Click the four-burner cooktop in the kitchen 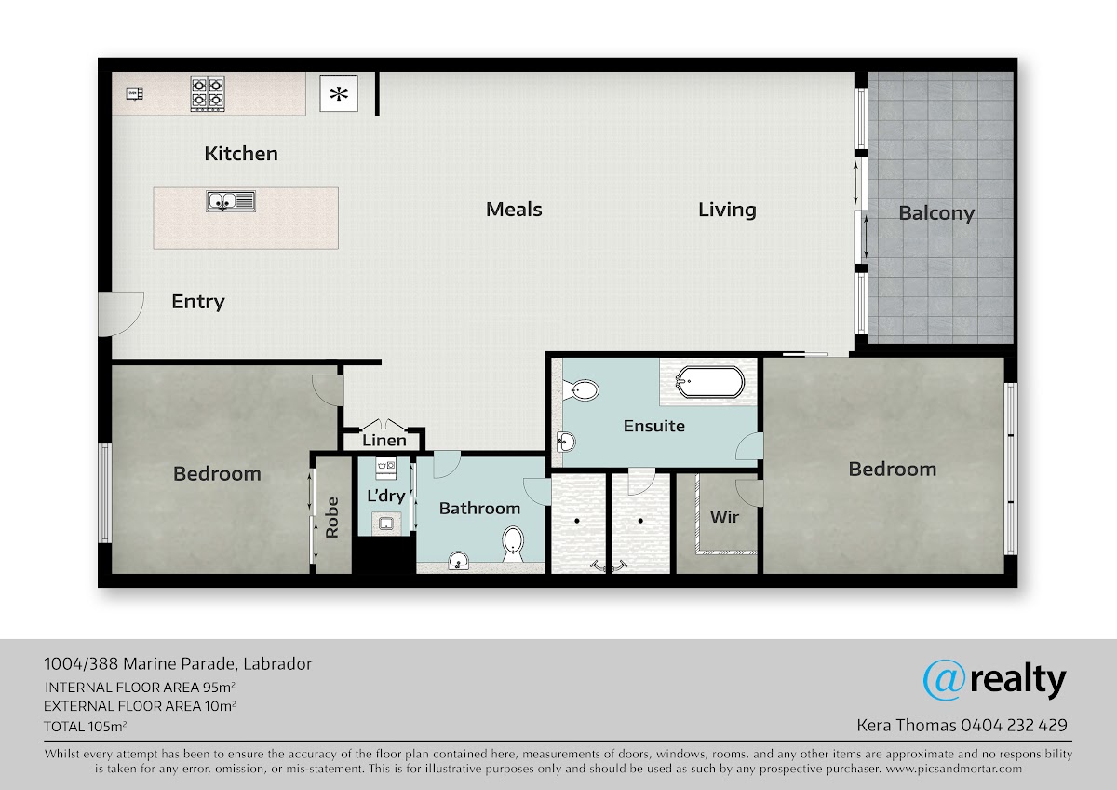[x=208, y=93]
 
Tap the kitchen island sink [x=231, y=201]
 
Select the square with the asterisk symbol [x=339, y=93]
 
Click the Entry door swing [x=121, y=314]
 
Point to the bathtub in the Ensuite [x=709, y=382]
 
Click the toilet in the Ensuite [x=581, y=389]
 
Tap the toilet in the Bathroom [x=513, y=544]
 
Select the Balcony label [x=936, y=213]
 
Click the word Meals [x=514, y=209]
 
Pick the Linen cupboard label [x=384, y=440]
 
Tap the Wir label [x=724, y=517]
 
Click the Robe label [x=332, y=517]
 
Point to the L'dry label [x=386, y=496]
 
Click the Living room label [x=727, y=210]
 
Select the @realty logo [x=994, y=681]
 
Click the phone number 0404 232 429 [x=1015, y=725]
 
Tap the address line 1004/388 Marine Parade [x=140, y=663]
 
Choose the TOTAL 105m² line [x=86, y=726]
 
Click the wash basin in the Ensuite [x=566, y=443]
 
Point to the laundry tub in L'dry [x=386, y=524]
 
